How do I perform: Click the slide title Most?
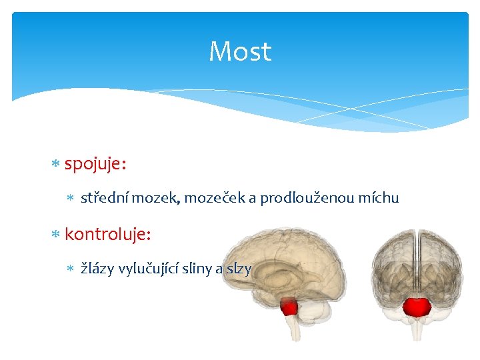(240, 51)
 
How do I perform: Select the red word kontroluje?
(108, 235)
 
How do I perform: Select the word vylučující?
(148, 269)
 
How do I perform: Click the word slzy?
(239, 269)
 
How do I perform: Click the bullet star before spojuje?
(55, 163)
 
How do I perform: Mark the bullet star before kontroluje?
(55, 235)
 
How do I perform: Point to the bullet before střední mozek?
(71, 197)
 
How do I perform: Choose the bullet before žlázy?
(71, 269)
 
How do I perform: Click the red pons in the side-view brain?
(289, 307)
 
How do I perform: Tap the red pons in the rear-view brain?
(417, 307)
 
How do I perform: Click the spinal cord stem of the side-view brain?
(293, 328)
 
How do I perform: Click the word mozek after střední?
(156, 198)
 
